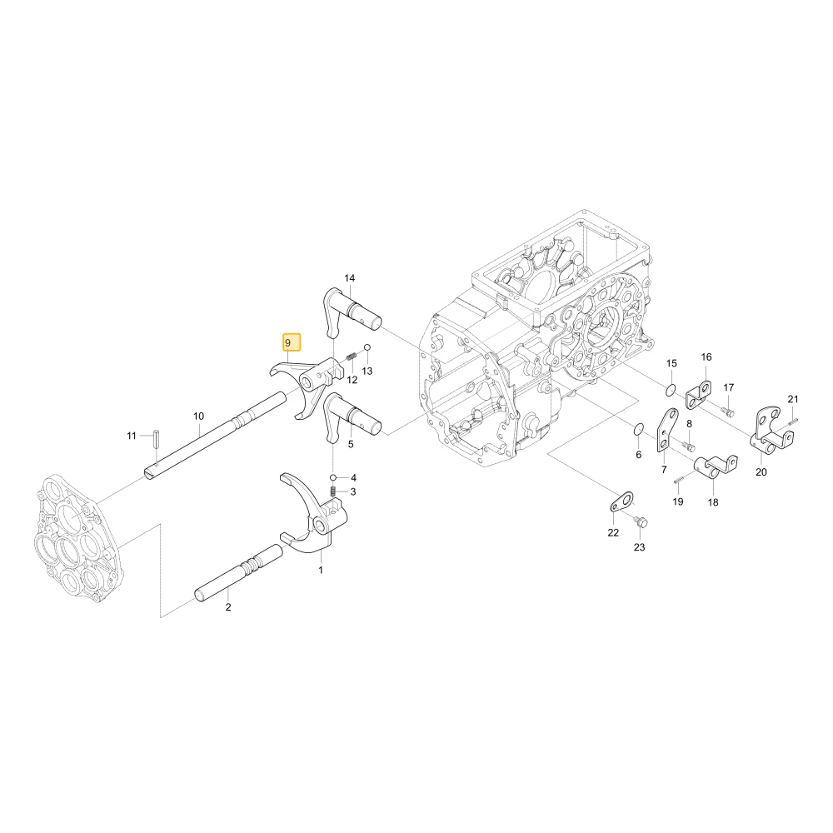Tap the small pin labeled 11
pos(157,438)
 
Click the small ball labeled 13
pos(367,347)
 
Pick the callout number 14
pos(350,278)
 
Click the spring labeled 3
pos(334,492)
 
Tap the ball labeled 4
pos(333,477)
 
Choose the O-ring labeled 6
pos(639,429)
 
